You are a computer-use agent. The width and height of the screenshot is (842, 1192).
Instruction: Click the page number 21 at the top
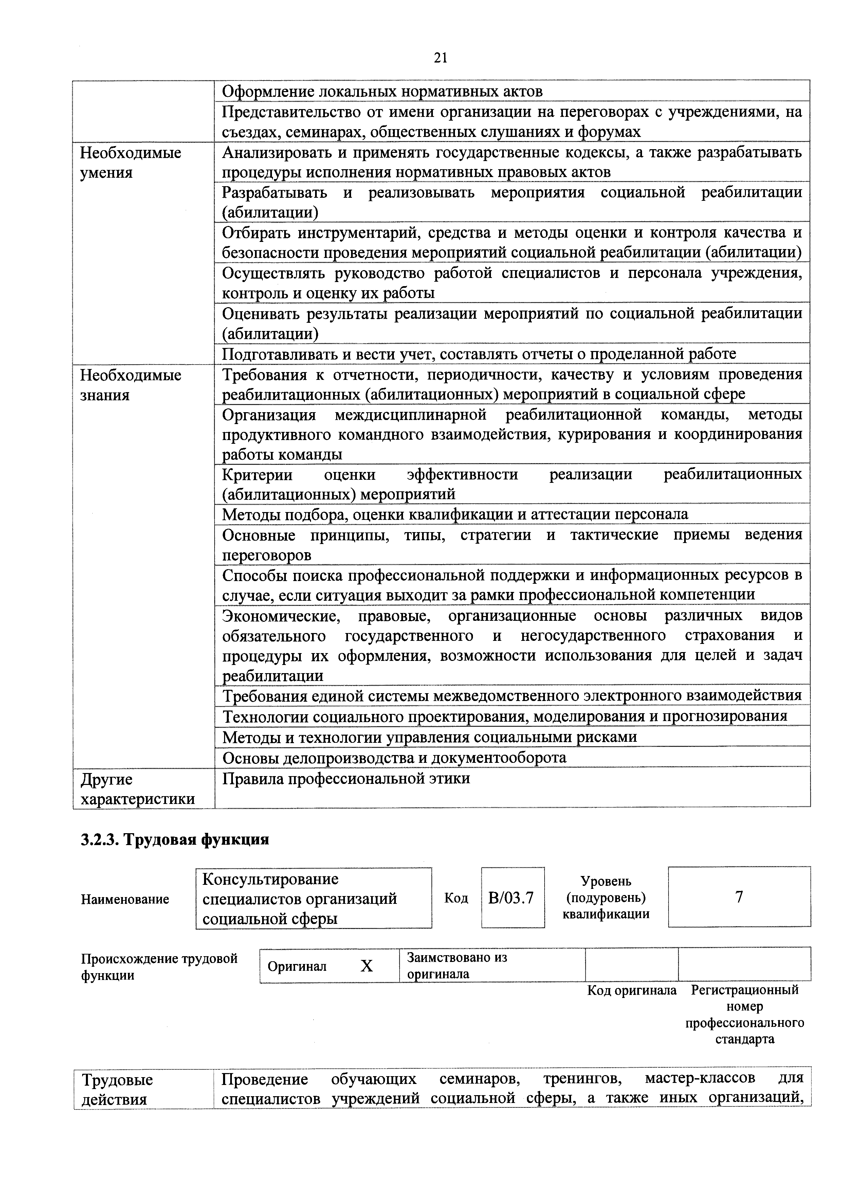pos(440,58)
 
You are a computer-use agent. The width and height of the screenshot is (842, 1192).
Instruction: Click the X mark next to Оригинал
pos(366,966)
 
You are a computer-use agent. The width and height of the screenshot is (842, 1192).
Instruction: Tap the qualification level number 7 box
pos(739,897)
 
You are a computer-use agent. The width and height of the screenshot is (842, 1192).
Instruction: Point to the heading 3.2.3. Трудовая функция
pos(175,840)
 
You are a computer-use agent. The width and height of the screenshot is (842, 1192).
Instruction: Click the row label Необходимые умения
pos(131,162)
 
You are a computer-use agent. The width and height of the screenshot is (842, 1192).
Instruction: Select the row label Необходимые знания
pos(131,385)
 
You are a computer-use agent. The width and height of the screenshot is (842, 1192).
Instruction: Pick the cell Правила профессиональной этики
pos(346,778)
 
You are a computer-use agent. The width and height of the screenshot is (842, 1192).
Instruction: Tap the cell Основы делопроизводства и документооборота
pos(394,757)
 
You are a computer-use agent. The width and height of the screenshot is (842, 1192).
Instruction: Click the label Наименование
pos(125,899)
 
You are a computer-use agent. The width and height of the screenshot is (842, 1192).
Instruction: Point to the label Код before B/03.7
pos(456,898)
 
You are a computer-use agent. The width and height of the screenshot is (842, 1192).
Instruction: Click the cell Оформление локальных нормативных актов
pos(382,91)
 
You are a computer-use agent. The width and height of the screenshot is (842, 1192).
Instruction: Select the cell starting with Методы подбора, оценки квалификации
pos(455,514)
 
